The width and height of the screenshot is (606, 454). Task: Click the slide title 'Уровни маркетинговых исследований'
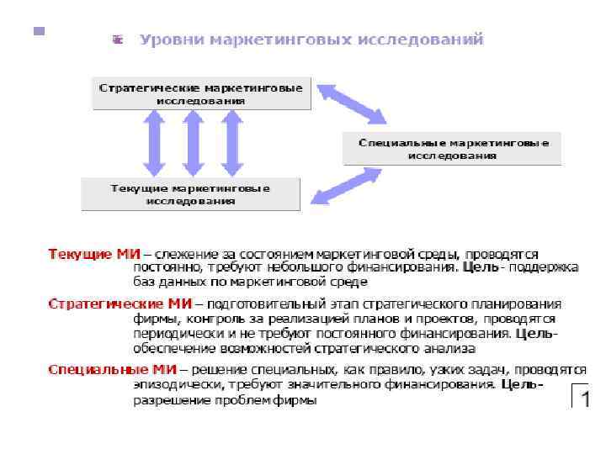coord(311,40)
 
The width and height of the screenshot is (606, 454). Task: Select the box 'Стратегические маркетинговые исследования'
coord(201,93)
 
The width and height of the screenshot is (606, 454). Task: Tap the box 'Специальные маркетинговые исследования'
coord(453,149)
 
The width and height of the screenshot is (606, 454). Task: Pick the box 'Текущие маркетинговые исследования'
coord(190,194)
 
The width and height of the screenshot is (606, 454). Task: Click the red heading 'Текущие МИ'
coord(93,254)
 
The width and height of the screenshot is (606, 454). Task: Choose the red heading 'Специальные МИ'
coord(112,369)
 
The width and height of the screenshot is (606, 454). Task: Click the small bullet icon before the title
coord(118,40)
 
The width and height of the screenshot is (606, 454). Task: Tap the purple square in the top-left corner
coord(37,31)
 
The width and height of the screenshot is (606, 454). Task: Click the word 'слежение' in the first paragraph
coord(179,254)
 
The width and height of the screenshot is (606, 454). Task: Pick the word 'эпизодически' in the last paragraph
coord(174,385)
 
